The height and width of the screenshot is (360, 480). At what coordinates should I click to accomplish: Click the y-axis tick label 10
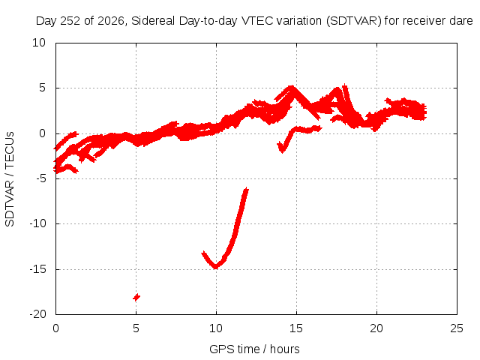[x=39, y=43]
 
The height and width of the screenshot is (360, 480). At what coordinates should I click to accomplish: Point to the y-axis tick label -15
[x=37, y=269]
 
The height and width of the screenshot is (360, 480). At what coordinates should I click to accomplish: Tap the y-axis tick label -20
[x=37, y=314]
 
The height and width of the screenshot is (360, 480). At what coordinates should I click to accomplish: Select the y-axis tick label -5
[x=40, y=178]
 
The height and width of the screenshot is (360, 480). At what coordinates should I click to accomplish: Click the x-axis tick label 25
[x=457, y=328]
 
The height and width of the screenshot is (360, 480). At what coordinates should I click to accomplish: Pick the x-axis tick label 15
[x=296, y=328]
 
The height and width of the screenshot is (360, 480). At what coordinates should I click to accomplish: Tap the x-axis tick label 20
[x=376, y=328]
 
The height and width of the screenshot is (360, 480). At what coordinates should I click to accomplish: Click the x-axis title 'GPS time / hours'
[x=254, y=349]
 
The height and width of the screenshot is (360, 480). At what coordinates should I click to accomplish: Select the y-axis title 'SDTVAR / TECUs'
[x=10, y=179]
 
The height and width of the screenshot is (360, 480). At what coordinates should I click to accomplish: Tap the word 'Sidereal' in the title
[x=153, y=21]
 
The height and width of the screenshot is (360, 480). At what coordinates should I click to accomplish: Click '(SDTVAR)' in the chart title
[x=353, y=21]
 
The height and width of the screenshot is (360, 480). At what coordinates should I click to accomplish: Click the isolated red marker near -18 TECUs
[x=136, y=297]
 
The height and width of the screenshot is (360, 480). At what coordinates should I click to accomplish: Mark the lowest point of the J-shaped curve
[x=216, y=268]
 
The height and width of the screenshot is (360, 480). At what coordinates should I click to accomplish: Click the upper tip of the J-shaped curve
[x=247, y=189]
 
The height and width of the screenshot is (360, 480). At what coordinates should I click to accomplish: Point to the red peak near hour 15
[x=292, y=87]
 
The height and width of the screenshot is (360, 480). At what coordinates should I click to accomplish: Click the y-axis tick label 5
[x=42, y=88]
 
